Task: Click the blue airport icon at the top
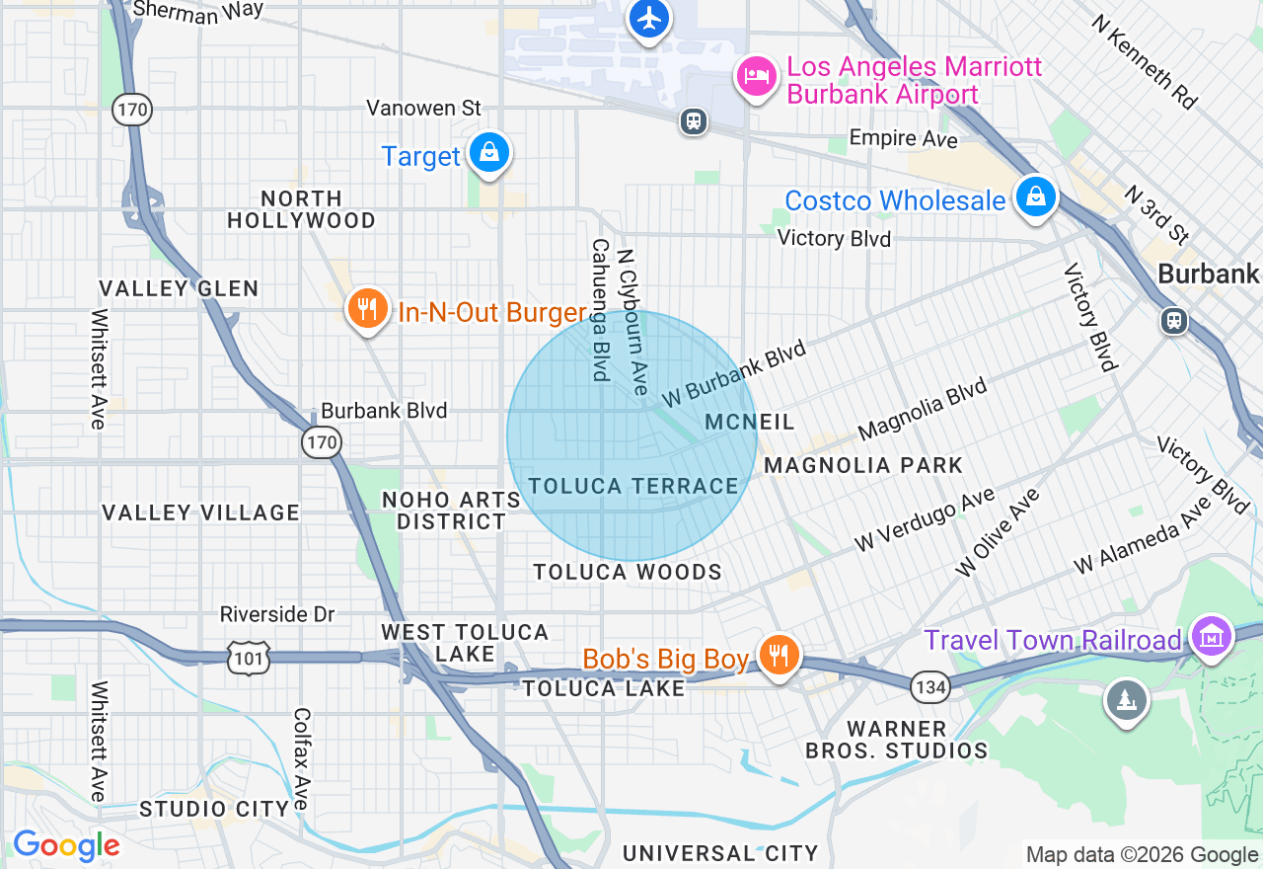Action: click(x=648, y=19)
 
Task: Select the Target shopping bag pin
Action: click(x=488, y=153)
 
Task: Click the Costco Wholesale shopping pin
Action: click(x=1035, y=197)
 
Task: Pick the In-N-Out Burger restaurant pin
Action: click(x=367, y=310)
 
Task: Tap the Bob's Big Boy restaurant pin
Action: click(x=779, y=655)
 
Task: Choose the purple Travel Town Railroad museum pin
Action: click(x=1211, y=635)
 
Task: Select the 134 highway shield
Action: click(x=930, y=686)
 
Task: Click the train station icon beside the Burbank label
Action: click(x=1173, y=321)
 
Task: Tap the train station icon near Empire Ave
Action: click(x=694, y=121)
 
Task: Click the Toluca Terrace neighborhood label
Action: click(x=633, y=486)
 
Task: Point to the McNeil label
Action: click(x=750, y=423)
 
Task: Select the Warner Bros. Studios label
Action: click(x=896, y=740)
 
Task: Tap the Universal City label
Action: click(x=720, y=853)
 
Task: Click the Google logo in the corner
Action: click(x=66, y=845)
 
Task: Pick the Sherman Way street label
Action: click(x=198, y=10)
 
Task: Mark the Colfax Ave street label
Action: click(x=302, y=757)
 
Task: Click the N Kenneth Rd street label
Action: click(x=1145, y=61)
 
